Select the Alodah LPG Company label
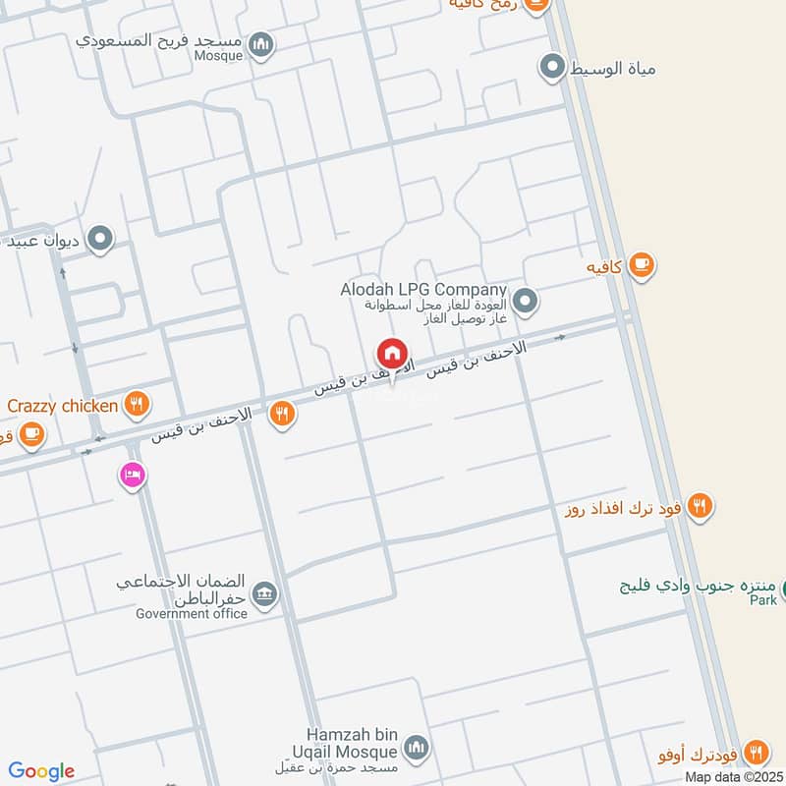(x=422, y=291)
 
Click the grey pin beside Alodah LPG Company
(x=526, y=300)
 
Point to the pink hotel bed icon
(x=131, y=475)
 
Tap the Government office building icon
(x=264, y=592)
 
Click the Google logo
(x=41, y=771)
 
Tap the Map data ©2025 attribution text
(x=733, y=776)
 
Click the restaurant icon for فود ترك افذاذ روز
(x=700, y=506)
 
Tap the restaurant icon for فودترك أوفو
(x=755, y=752)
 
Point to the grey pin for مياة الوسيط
(x=552, y=68)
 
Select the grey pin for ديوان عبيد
(x=99, y=238)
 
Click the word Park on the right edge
(x=762, y=599)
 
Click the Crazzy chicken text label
(x=63, y=404)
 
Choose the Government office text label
(x=192, y=614)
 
